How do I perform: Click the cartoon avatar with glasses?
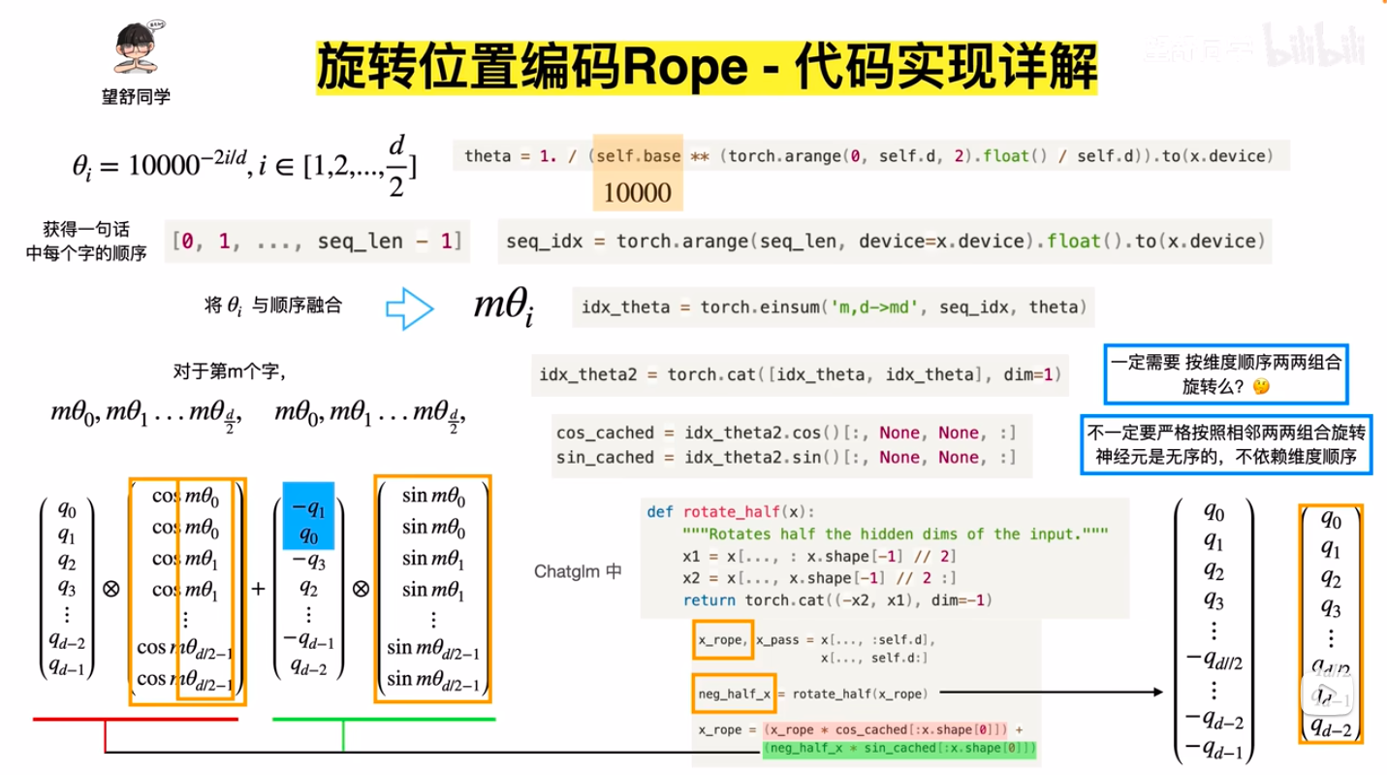(140, 49)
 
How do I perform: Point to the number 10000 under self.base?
(638, 193)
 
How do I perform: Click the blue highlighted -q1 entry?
(308, 505)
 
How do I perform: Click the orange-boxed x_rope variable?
(721, 639)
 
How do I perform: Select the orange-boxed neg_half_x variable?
(735, 694)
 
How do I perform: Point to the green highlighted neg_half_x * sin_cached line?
(899, 749)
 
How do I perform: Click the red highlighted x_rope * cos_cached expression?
(889, 729)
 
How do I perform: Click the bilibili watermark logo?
(1315, 44)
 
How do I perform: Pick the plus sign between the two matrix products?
(259, 589)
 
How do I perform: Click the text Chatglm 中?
(578, 571)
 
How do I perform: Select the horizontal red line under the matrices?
(136, 720)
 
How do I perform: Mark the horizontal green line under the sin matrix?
(384, 720)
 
